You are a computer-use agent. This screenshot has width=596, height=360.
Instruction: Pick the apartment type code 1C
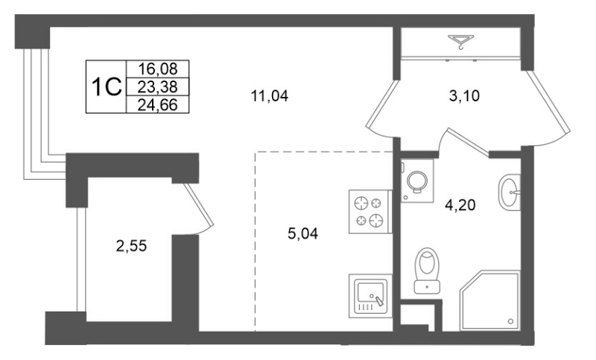click(106, 87)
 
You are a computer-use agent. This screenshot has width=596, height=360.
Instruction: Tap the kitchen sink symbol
click(370, 296)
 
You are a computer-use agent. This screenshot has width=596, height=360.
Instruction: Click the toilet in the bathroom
click(427, 268)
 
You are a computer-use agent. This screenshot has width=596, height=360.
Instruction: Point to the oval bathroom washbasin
click(511, 193)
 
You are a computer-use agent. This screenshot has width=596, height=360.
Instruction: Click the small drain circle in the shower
click(511, 322)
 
